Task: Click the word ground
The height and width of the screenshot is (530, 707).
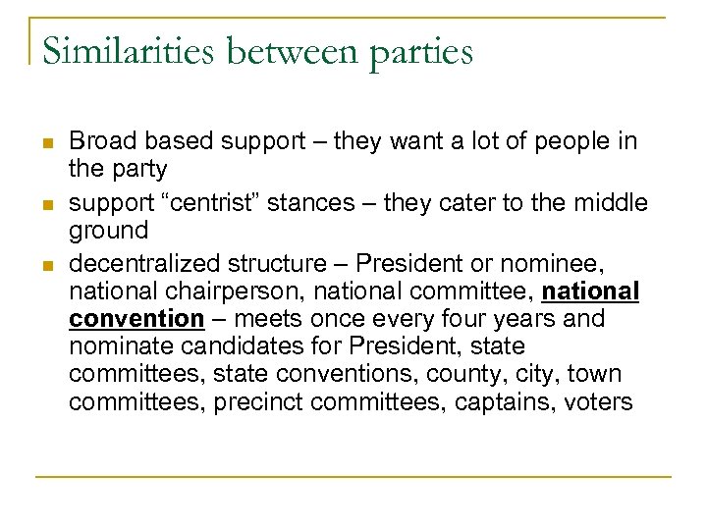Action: [109, 232]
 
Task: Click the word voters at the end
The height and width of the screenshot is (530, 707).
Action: [598, 402]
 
